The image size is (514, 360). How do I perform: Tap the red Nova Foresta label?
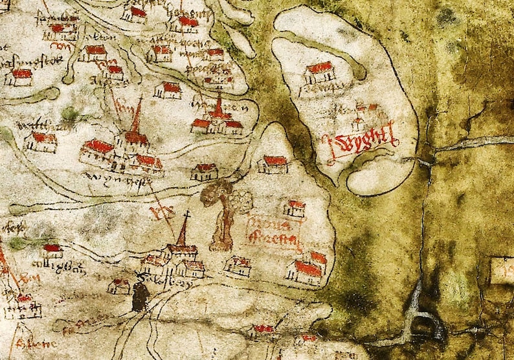274,233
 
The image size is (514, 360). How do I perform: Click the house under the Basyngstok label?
21,77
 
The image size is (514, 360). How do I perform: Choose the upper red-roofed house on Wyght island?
320,72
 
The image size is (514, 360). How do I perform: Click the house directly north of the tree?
273,164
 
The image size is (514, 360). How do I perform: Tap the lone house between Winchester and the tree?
205,172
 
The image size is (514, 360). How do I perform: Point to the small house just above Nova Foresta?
295,208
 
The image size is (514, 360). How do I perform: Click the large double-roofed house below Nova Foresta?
307,266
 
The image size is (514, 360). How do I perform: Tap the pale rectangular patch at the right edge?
502,271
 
